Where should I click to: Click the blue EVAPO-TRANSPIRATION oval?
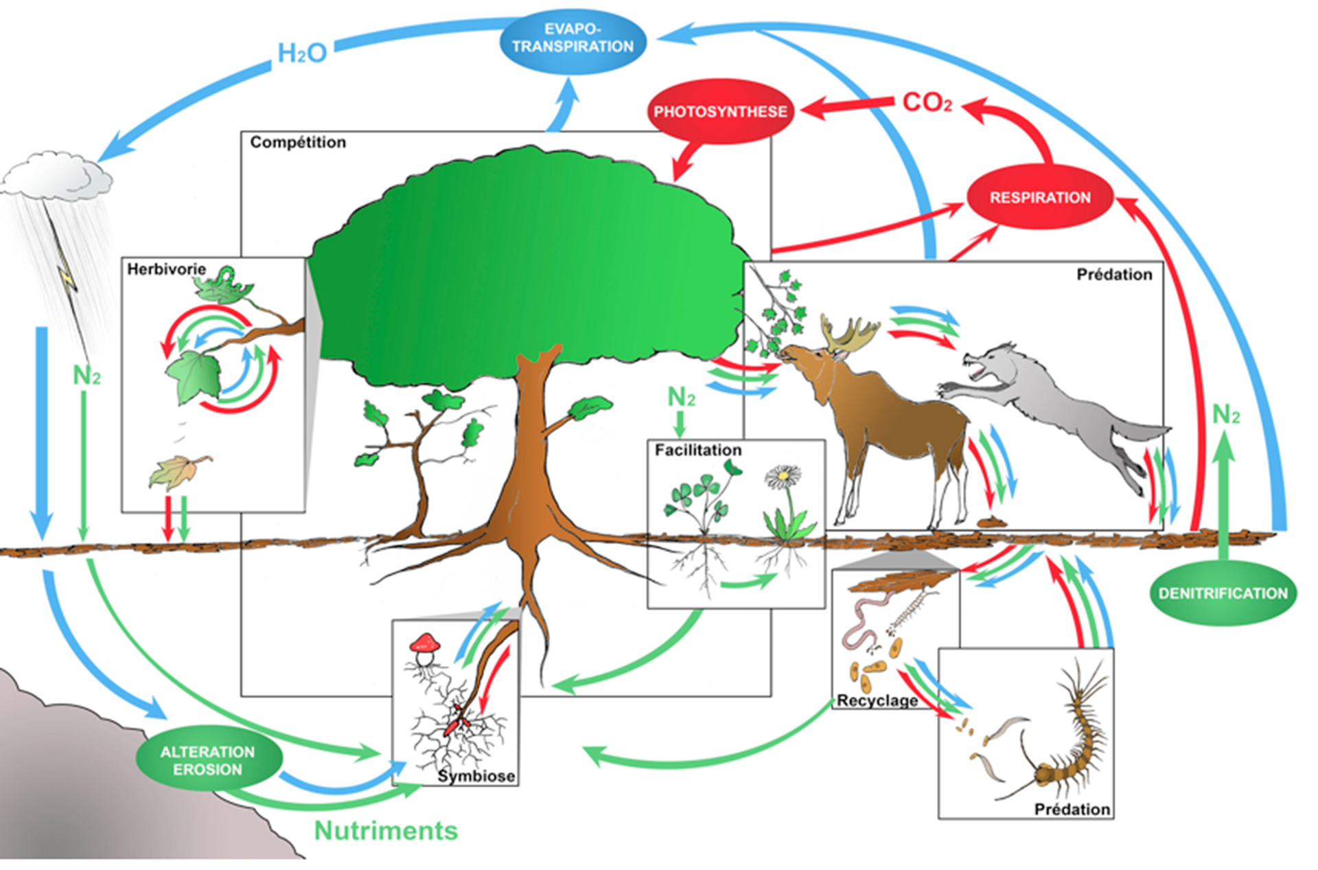(573, 39)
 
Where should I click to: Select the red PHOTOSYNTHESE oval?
(720, 111)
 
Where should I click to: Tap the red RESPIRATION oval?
(1039, 197)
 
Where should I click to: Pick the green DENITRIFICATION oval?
(1223, 593)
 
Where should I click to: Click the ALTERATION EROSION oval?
(208, 760)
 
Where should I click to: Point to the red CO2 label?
(927, 102)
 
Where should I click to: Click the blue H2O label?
(301, 53)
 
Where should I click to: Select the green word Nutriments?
(386, 830)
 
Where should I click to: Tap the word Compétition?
(297, 142)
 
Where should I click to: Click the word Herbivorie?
(166, 269)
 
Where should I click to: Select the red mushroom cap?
(424, 643)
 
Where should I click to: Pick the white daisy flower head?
(783, 476)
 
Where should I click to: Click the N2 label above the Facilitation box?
(681, 396)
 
